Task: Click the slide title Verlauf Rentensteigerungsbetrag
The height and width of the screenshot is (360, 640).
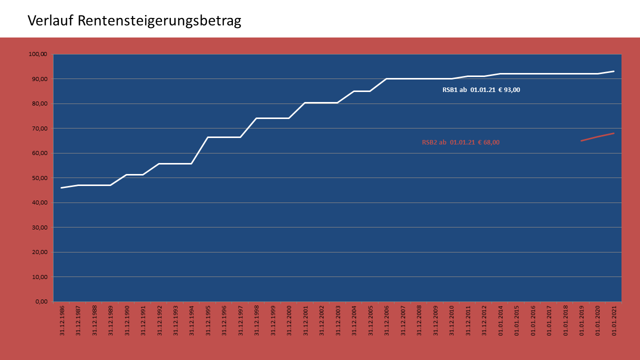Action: point(134,21)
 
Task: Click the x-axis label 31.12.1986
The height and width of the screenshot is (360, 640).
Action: point(62,319)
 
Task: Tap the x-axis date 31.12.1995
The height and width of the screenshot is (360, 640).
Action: point(207,319)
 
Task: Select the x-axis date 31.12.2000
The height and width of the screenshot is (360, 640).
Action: point(288,319)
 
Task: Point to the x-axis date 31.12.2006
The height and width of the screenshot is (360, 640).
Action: point(386,319)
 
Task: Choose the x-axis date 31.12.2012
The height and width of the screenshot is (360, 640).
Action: point(483,319)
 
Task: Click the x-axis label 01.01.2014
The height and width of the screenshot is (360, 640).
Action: point(500,319)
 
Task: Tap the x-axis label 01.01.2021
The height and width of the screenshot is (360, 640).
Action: point(614,319)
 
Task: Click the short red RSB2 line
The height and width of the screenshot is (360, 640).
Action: point(597,137)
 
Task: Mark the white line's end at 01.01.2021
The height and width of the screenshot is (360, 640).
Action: point(614,71)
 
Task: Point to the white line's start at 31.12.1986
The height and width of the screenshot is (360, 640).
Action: point(61,187)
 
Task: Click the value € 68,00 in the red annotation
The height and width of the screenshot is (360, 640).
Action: point(488,142)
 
